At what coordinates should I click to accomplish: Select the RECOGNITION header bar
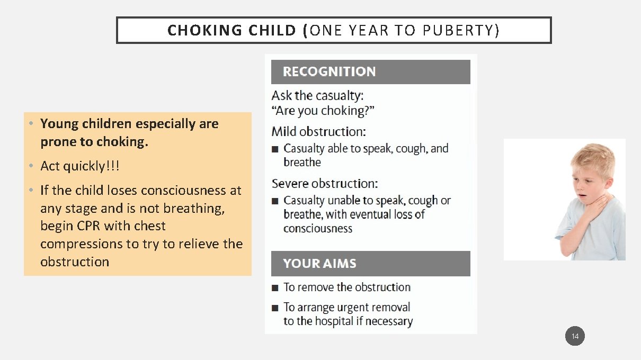pos(370,72)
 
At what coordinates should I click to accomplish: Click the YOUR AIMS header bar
pos(370,264)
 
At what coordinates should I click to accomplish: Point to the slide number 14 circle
pos(575,336)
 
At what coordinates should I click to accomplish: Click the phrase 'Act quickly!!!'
pos(80,166)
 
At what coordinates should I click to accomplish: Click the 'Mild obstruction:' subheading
pos(318,131)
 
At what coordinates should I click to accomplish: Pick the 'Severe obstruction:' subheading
pos(324,184)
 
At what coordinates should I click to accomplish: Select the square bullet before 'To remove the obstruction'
pos(274,288)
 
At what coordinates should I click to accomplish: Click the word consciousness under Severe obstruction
pos(317,229)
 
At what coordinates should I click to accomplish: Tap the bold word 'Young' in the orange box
pos(59,124)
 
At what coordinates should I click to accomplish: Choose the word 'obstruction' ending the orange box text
pos(74,262)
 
